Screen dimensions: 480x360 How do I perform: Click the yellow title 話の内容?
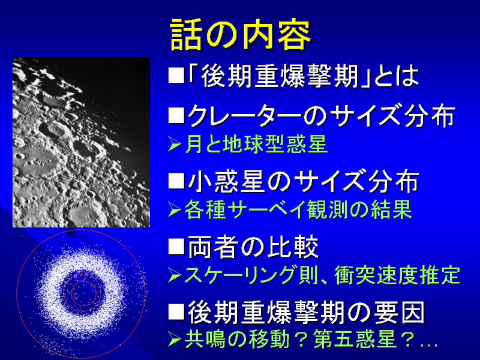point(241,35)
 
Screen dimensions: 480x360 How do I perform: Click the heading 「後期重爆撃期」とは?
point(303,76)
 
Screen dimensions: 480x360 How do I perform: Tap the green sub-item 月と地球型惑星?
point(256,144)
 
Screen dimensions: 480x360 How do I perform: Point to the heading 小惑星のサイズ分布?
point(303,182)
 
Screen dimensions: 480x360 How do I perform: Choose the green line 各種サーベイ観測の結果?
point(298,209)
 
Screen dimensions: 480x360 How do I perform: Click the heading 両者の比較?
point(253,247)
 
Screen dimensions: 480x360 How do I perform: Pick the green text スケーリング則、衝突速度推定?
point(322,275)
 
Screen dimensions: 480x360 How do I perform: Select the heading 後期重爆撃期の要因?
point(306,312)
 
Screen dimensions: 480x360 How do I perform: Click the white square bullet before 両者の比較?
point(176,247)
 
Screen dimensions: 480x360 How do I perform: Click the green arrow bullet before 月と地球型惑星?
point(175,144)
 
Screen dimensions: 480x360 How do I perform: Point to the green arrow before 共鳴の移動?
point(175,339)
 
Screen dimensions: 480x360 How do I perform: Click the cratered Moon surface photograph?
point(81,142)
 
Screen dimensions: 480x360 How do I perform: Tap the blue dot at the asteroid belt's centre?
point(83,293)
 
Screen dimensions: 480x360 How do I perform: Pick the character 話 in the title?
point(186,35)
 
